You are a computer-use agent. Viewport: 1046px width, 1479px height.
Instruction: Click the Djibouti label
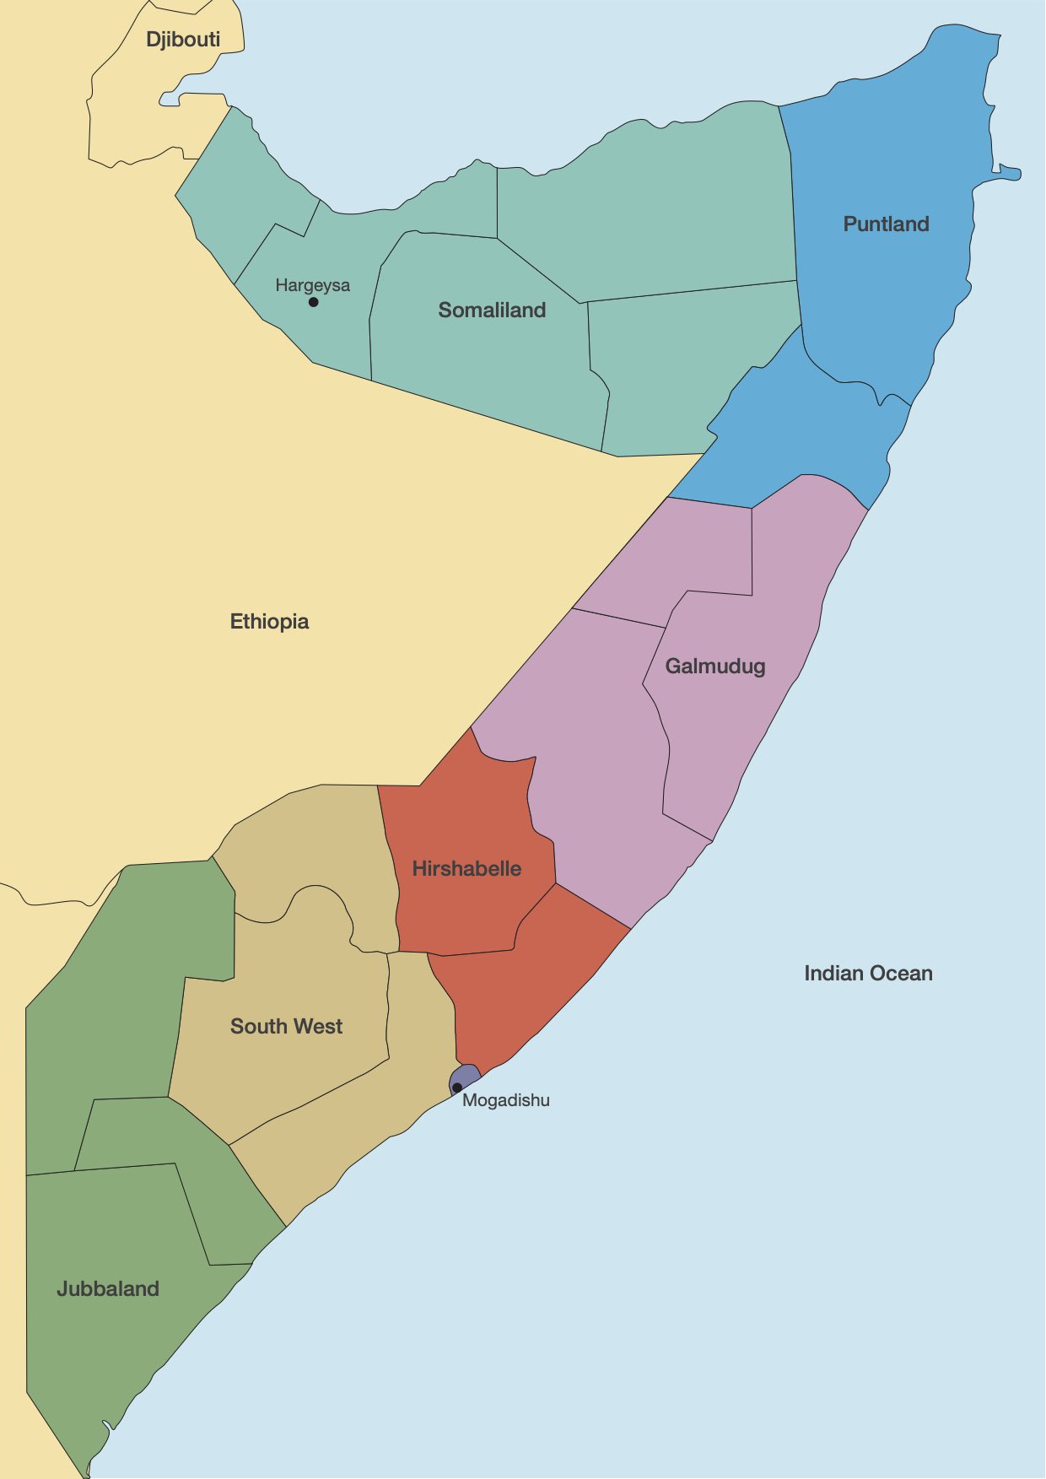pos(183,40)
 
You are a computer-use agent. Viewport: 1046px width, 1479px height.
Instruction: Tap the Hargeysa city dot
pos(313,302)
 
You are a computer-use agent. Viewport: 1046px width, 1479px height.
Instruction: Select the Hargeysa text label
pos(312,285)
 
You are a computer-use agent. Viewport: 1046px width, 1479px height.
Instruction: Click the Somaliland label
pos(492,310)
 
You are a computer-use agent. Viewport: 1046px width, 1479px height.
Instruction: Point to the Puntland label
pos(886,224)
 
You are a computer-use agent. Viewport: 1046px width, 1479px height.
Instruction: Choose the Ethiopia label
pos(269,622)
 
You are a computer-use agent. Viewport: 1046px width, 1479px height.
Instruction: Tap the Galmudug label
pos(715,667)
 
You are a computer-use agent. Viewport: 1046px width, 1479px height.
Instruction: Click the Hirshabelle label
pos(466,869)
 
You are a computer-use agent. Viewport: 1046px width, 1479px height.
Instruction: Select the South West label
pos(286,1027)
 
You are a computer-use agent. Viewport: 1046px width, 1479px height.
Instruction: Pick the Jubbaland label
pos(108,1289)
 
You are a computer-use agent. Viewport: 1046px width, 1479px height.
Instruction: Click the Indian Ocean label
pos(868,974)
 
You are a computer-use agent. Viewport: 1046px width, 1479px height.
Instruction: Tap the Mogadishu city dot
pos(457,1087)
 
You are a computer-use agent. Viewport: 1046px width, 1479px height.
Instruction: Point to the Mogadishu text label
pos(506,1100)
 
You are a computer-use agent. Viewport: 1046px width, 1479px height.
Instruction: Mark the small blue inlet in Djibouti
pos(169,100)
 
